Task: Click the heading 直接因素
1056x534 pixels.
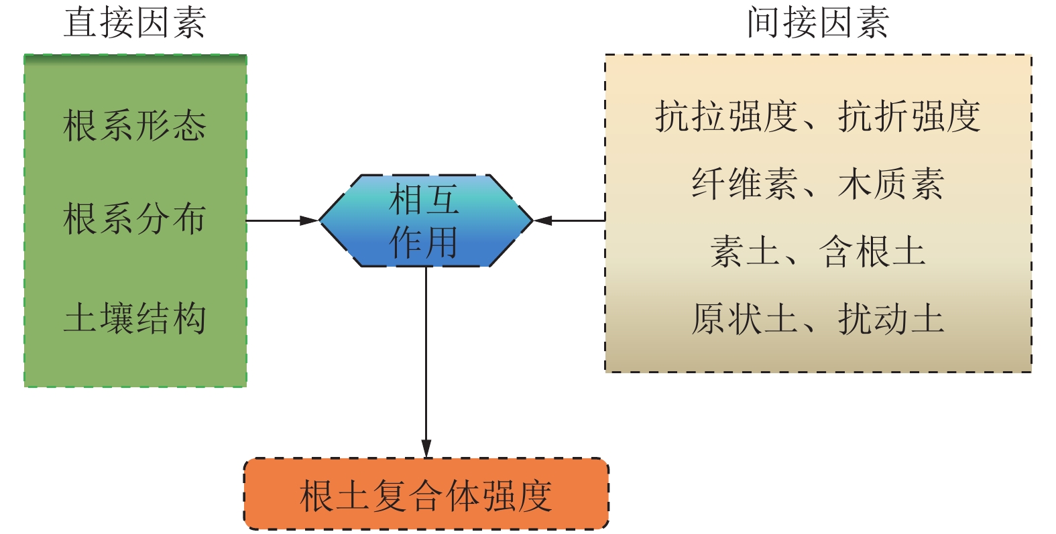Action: pos(134,23)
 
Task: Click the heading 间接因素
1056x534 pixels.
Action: pos(817,23)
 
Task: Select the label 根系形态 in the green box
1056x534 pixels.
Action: pos(134,125)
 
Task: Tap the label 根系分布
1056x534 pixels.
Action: pos(134,219)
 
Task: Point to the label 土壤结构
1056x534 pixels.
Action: pos(134,318)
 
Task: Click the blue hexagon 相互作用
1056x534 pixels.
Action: pos(425,220)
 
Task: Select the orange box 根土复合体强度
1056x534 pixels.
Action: pos(426,494)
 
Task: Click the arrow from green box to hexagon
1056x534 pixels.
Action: pos(282,220)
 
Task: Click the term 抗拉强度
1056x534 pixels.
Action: pos(726,117)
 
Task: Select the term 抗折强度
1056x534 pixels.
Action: pos(909,117)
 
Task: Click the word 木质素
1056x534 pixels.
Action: pos(891,184)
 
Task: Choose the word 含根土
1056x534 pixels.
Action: pos(872,252)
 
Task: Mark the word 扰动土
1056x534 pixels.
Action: pos(891,319)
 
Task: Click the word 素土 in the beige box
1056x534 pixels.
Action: pos(744,252)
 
